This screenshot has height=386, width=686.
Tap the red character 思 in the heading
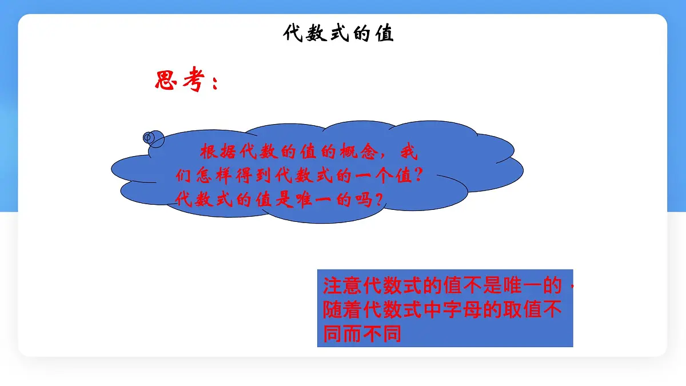coord(166,81)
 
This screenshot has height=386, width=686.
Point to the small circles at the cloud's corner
coord(153,138)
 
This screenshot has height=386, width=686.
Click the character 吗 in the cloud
coord(362,200)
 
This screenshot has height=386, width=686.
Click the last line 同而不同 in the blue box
coord(363,333)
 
